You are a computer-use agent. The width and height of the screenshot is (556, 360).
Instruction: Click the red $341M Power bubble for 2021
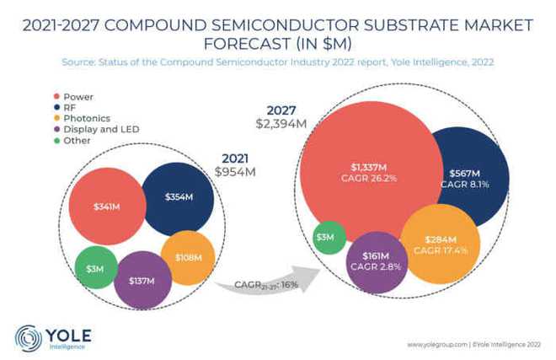coord(105,207)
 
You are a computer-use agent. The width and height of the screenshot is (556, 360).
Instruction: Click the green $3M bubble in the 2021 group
coord(94,268)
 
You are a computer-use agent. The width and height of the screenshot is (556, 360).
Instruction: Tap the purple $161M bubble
coord(376,261)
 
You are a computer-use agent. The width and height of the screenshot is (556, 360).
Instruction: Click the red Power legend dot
coord(56,96)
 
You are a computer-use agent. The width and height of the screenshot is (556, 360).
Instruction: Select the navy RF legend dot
coord(56,107)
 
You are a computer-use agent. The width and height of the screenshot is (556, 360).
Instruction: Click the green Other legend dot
coord(56,140)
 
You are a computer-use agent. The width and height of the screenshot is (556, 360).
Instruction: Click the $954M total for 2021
coord(234,172)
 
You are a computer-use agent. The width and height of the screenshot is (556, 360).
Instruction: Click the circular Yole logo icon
coord(29,336)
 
